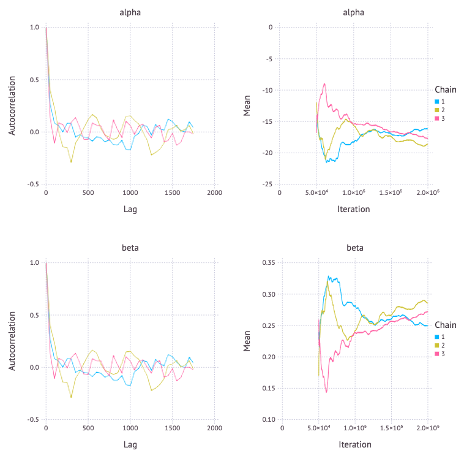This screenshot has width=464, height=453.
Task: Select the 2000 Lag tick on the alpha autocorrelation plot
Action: coord(214,193)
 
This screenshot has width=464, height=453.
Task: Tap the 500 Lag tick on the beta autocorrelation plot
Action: coord(88,428)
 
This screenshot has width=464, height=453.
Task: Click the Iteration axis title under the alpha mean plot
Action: coord(354,209)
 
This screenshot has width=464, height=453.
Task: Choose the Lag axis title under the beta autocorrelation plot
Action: coord(130,444)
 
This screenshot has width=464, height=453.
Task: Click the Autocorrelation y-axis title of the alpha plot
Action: coord(12,105)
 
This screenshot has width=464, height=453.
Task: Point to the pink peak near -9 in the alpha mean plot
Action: coord(324,84)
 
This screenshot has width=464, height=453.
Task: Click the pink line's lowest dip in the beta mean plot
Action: coord(326,392)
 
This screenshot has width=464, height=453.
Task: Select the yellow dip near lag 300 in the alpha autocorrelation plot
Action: coord(71,162)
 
